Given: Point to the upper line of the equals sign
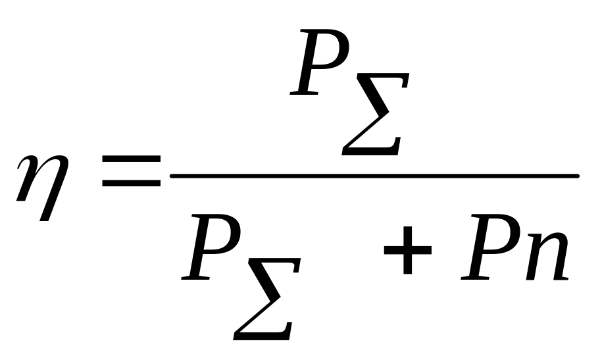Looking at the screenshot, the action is click(x=132, y=159).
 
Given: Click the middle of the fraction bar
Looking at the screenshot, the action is click(x=374, y=176).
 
